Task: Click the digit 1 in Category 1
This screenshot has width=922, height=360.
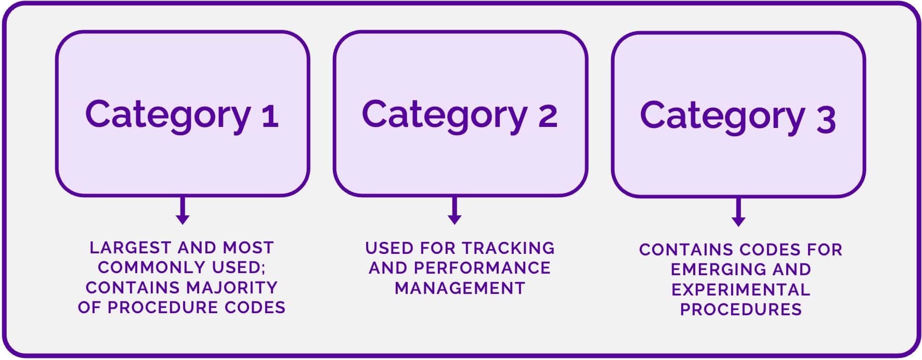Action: point(270,115)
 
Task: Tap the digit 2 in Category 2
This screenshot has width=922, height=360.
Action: point(547,115)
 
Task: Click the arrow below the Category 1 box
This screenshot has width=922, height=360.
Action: point(182,211)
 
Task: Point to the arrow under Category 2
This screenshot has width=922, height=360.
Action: point(454,211)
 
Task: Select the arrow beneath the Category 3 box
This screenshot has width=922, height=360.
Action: point(738,212)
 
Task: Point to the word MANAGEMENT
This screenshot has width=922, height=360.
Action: point(460,288)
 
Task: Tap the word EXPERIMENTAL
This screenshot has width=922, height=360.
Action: point(741,290)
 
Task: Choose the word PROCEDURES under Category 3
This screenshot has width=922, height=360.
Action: point(741,310)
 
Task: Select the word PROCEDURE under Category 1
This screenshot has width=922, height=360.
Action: point(163,307)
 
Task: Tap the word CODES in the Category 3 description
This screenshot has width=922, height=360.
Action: point(765,250)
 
